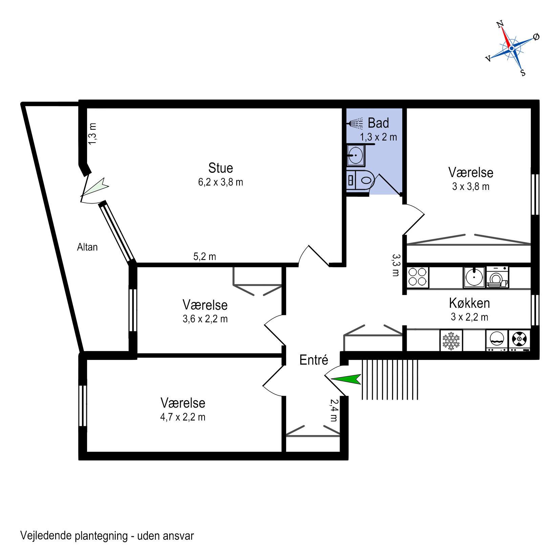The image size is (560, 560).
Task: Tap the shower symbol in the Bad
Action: (x=356, y=124)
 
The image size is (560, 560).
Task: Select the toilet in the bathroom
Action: (x=361, y=180)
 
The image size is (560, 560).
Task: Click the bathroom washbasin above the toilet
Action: (x=356, y=156)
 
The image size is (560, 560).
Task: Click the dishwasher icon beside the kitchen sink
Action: (x=497, y=277)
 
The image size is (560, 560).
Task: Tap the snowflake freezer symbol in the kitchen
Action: (x=451, y=341)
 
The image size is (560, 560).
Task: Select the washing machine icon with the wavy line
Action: (x=497, y=340)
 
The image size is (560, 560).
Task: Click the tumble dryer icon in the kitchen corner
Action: (x=519, y=340)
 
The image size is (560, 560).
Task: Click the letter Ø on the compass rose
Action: (x=536, y=37)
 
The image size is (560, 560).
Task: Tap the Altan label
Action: (x=87, y=247)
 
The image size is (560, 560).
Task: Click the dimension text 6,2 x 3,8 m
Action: (x=220, y=182)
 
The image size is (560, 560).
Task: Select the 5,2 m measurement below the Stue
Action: (x=204, y=257)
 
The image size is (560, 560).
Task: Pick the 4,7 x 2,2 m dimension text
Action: (x=182, y=417)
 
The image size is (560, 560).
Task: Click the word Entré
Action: (x=314, y=360)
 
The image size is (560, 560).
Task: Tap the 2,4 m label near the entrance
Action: (x=334, y=410)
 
